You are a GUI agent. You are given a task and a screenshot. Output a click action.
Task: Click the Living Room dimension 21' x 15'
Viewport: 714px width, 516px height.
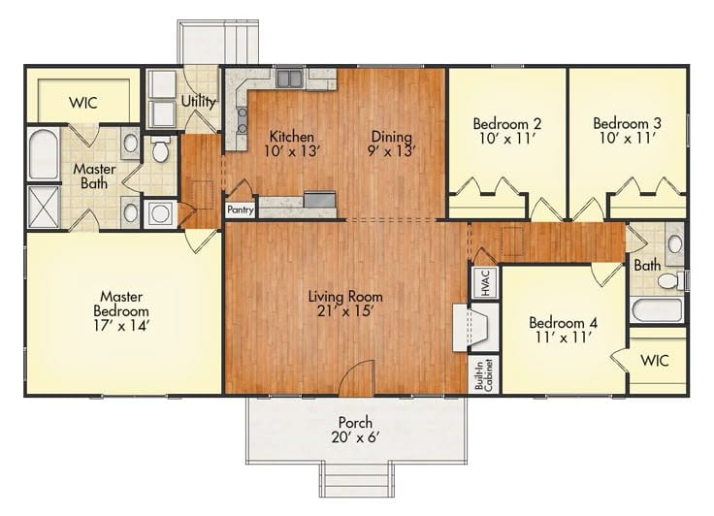point(344,312)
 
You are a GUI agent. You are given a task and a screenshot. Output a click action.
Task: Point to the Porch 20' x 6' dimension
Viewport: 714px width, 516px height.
point(355,437)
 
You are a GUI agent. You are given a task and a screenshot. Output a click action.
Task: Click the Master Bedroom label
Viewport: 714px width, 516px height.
point(124,303)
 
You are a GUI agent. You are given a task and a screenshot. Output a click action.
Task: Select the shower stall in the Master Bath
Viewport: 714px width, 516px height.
point(44,206)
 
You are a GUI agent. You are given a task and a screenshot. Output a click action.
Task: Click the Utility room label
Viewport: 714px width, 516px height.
point(198,100)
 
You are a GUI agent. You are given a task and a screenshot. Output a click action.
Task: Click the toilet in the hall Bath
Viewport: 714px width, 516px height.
point(668,280)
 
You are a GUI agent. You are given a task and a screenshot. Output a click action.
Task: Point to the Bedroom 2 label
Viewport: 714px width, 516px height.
point(506,123)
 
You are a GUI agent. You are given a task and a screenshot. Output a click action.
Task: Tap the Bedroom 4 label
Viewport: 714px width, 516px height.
point(562,323)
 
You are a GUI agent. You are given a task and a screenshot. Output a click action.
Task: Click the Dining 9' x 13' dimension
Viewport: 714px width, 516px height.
point(392,150)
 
